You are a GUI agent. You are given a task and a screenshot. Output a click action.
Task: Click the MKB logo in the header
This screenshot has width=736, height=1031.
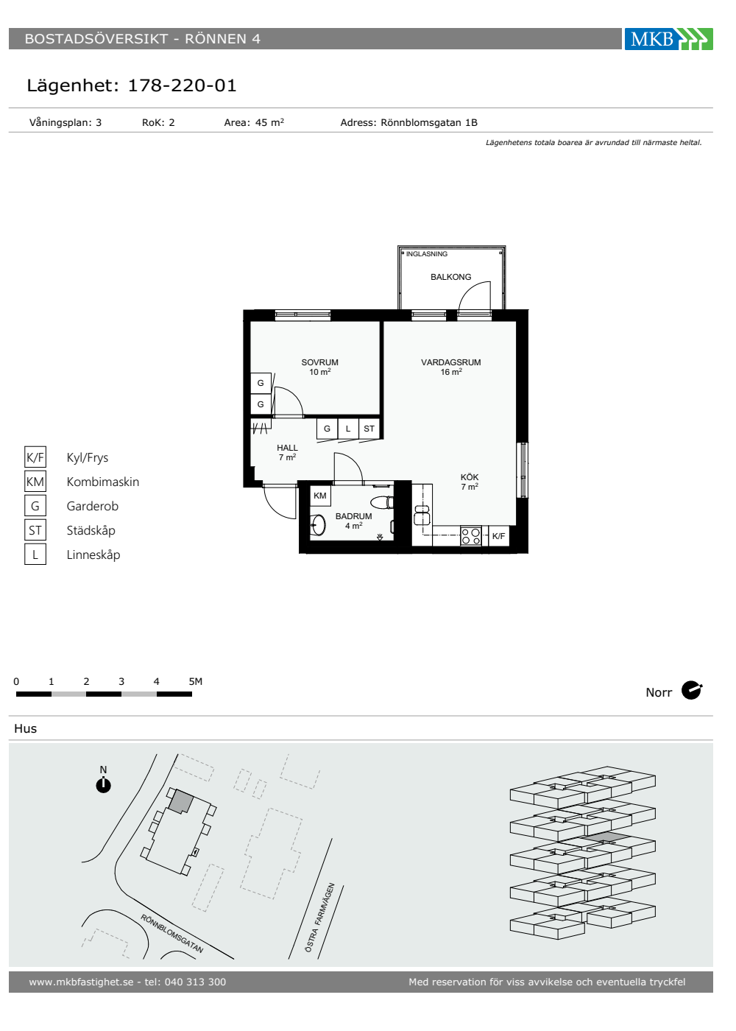[668, 38]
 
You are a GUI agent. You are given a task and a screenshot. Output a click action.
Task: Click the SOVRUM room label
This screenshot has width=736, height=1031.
[319, 362]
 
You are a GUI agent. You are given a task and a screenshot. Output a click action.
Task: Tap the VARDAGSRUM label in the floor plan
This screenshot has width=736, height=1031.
[450, 362]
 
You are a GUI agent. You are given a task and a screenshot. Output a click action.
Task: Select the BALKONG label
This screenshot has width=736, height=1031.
[450, 277]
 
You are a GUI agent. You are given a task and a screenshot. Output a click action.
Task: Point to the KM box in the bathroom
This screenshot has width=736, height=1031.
[319, 496]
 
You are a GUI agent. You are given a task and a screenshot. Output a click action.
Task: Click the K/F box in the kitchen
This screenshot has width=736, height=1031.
[499, 536]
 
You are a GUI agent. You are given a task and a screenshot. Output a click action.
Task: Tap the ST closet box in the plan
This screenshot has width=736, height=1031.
[369, 429]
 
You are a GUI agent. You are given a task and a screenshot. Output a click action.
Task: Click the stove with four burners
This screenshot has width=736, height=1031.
[470, 536]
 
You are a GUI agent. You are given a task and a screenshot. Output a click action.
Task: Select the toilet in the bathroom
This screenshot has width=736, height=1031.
[382, 502]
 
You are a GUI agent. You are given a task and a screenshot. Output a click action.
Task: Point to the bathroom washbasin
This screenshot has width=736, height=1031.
[318, 524]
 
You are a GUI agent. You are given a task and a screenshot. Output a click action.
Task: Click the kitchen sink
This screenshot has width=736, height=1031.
[422, 515]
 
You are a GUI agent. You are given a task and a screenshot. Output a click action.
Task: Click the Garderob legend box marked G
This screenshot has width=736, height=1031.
[35, 506]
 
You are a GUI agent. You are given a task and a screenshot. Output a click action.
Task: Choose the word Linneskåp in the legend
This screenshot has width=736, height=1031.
[93, 555]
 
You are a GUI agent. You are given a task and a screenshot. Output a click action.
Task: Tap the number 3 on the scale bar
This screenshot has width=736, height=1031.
[121, 681]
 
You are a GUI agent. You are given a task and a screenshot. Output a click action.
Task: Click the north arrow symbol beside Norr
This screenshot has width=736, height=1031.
[691, 691]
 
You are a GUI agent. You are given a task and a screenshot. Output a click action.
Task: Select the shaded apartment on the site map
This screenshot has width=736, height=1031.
[181, 801]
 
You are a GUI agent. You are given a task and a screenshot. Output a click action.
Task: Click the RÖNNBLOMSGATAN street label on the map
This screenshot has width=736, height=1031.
[172, 934]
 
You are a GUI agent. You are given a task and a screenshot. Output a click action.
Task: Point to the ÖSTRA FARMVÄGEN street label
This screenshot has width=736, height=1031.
[319, 918]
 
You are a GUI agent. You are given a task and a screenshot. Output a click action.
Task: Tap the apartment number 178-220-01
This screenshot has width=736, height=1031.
[183, 85]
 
